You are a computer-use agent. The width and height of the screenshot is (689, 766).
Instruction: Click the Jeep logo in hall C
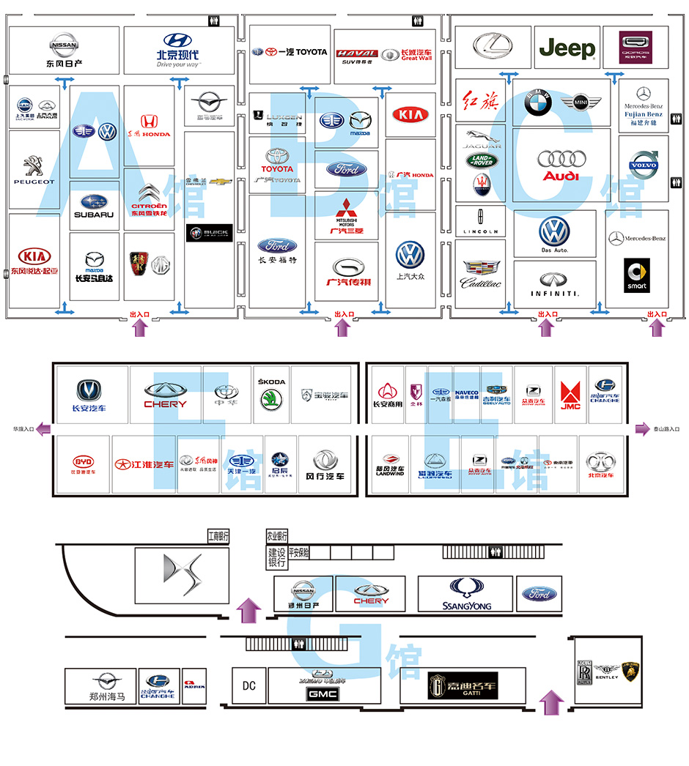point(567,49)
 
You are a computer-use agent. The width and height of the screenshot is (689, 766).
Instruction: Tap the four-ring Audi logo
point(561,159)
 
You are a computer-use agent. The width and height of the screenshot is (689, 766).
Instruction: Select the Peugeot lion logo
point(33,165)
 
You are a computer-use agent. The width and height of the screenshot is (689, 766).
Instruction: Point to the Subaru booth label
point(94,215)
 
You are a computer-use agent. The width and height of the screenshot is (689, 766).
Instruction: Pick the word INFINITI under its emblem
point(555,294)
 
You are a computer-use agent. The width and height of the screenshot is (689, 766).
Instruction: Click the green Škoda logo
point(272,400)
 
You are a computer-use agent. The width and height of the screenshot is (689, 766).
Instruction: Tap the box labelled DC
point(249,685)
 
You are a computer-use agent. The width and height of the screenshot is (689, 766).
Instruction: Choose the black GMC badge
point(323,693)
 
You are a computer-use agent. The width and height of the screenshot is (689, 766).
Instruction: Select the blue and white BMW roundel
point(538,104)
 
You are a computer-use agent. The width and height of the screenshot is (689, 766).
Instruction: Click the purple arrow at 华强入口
point(45,428)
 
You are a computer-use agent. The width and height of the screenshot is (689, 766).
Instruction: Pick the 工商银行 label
point(218,536)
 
